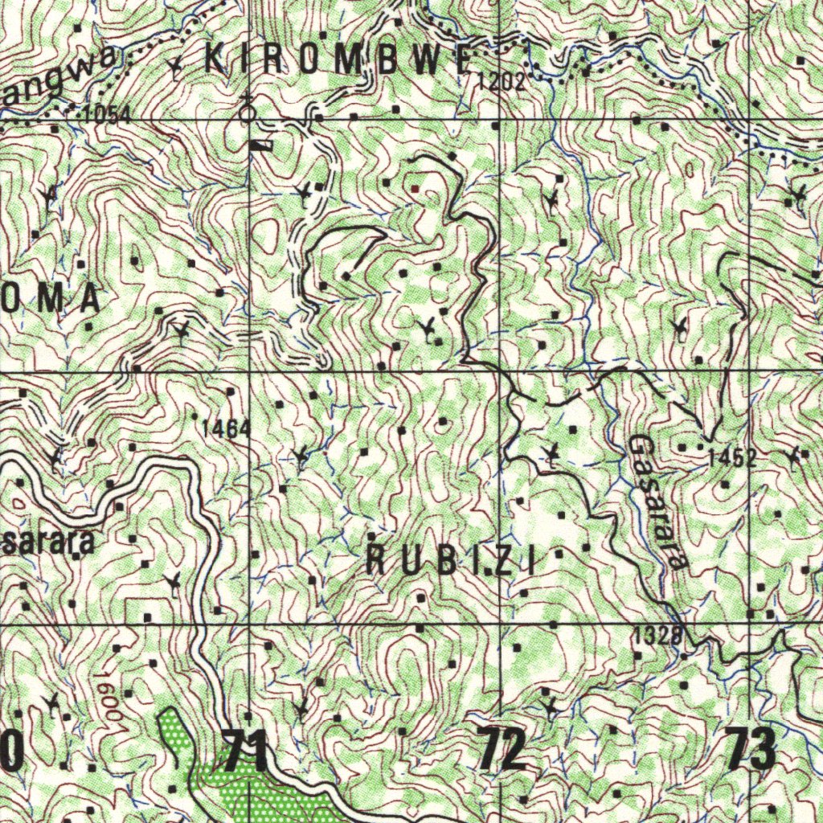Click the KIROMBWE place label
pos(338,60)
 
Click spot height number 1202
pos(501,80)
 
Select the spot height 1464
pos(226,429)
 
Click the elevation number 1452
pos(731,459)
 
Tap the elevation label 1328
pos(657,636)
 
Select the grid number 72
pos(503,750)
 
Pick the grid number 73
pos(751,750)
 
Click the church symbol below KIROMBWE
pos(249,109)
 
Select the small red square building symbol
pos(415,187)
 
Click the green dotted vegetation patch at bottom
pos(241,784)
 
